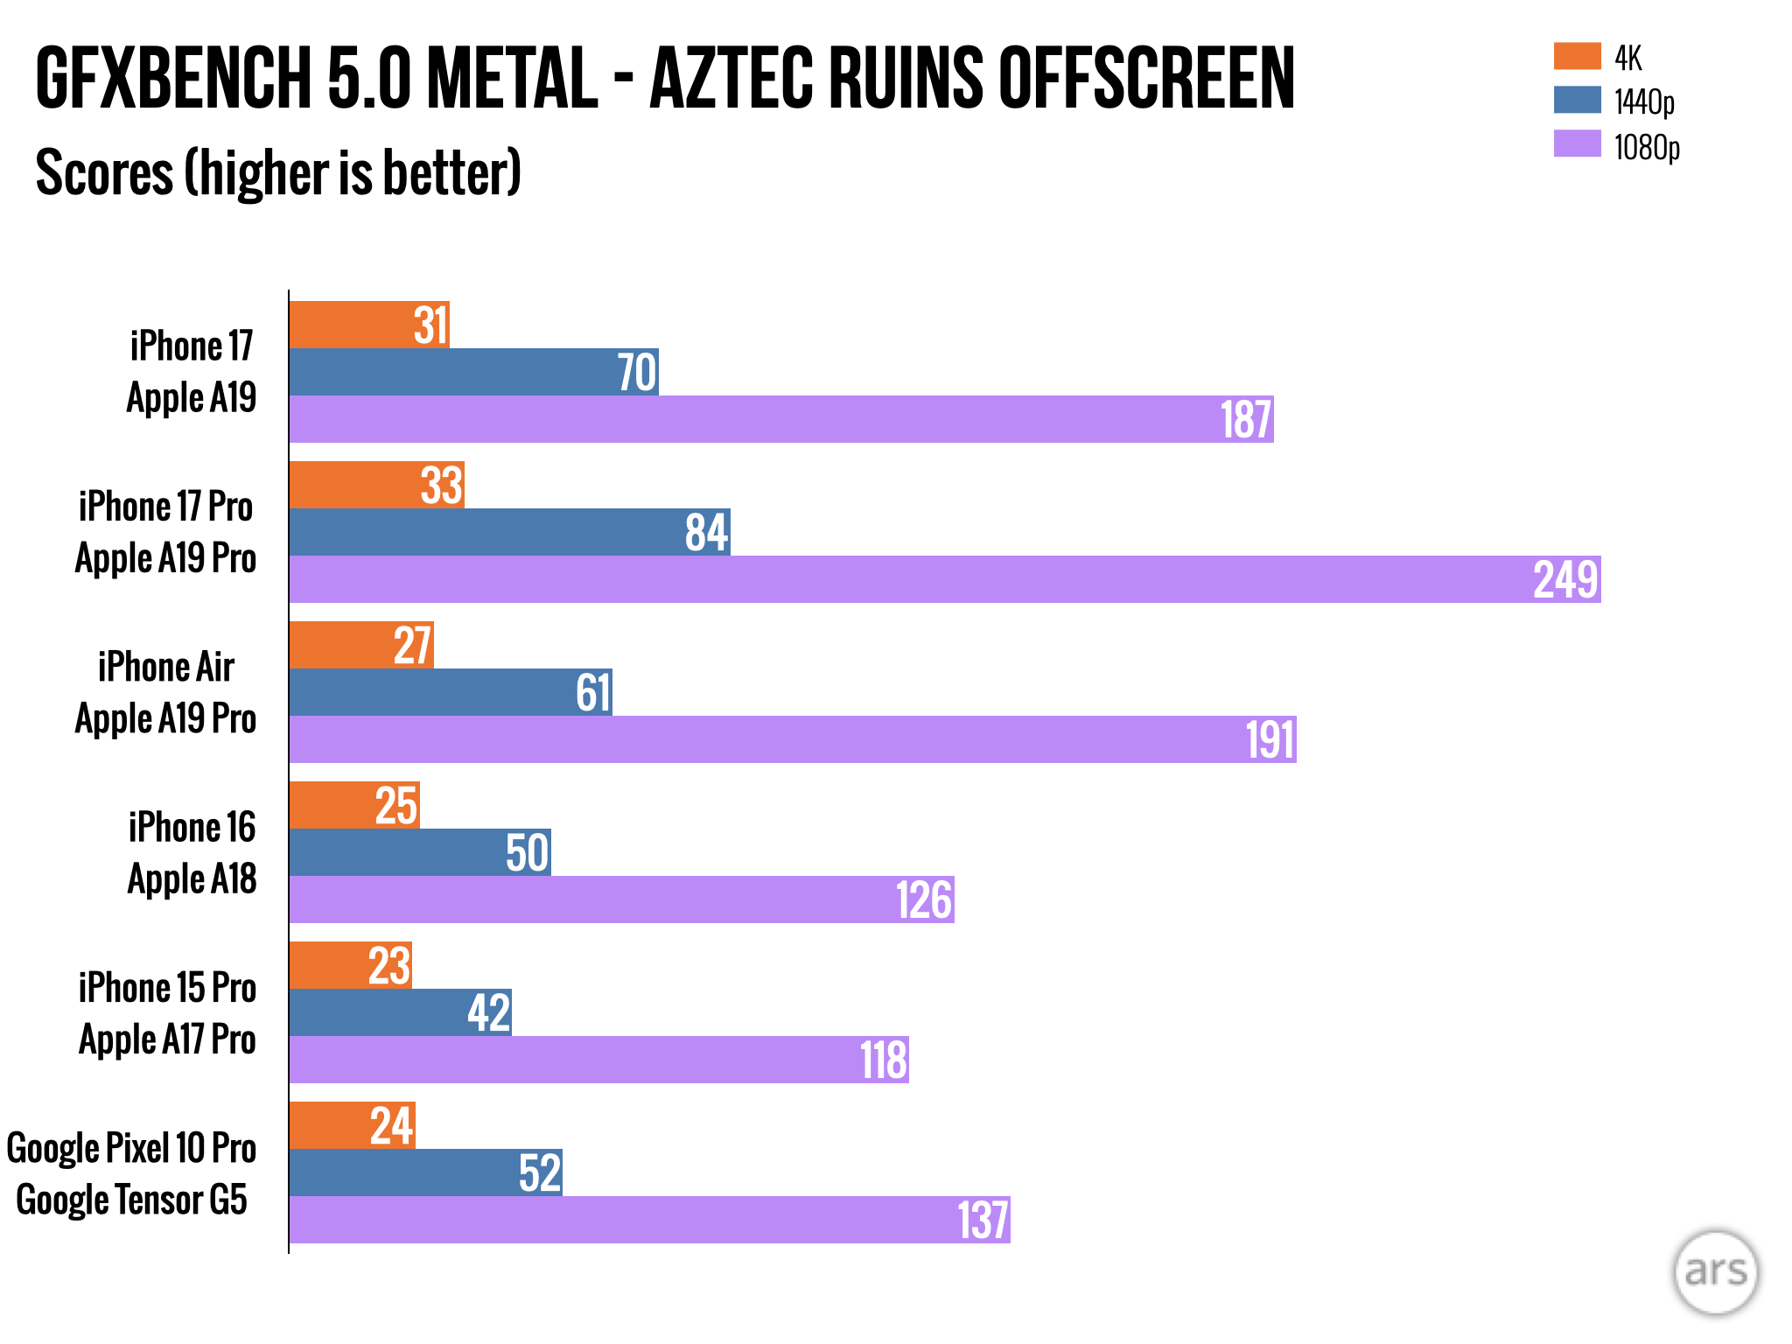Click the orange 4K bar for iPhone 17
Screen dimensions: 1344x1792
pyautogui.click(x=368, y=325)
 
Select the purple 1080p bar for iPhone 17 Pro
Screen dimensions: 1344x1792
pyautogui.click(x=945, y=579)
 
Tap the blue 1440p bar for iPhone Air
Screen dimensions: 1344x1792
pyautogui.click(x=451, y=692)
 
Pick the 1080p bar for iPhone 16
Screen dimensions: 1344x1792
pyautogui.click(x=621, y=899)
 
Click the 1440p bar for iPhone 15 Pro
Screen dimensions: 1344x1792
pyautogui.click(x=400, y=1012)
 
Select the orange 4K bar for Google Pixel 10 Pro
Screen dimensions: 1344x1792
pyautogui.click(x=352, y=1125)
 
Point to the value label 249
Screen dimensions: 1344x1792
pyautogui.click(x=1565, y=579)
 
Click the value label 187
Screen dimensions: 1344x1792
pyautogui.click(x=1246, y=419)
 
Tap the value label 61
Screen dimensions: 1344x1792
pyautogui.click(x=592, y=693)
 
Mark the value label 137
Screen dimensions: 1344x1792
pyautogui.click(x=983, y=1221)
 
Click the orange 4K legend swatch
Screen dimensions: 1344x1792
pyautogui.click(x=1577, y=56)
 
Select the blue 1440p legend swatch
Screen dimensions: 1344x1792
pyautogui.click(x=1577, y=100)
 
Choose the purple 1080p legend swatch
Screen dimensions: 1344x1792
pyautogui.click(x=1577, y=144)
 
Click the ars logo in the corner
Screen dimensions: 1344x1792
pyautogui.click(x=1715, y=1272)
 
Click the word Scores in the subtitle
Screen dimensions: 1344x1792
pyautogui.click(x=105, y=172)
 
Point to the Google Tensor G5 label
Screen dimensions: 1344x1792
pyautogui.click(x=132, y=1200)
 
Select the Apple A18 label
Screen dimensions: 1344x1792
pyautogui.click(x=192, y=878)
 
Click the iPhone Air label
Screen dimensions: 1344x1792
pyautogui.click(x=166, y=667)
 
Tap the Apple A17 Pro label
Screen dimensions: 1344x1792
pyautogui.click(x=167, y=1039)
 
